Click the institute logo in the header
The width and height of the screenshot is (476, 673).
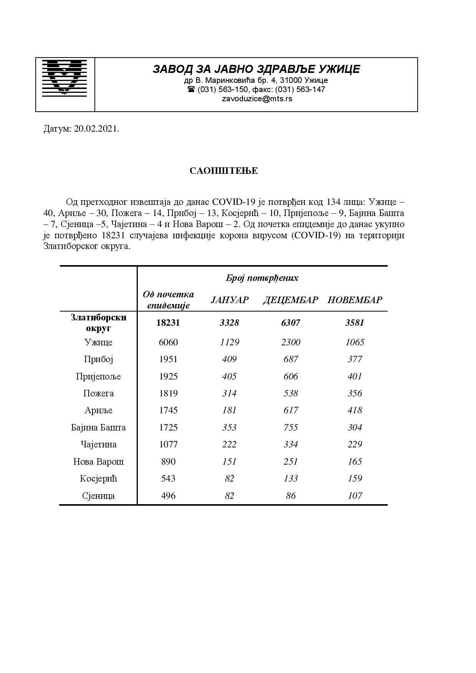[64, 77]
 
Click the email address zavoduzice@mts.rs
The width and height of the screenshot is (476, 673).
[257, 99]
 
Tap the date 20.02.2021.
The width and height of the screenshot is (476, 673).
[96, 129]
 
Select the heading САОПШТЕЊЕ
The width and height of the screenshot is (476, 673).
[223, 171]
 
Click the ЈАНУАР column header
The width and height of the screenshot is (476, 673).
[230, 300]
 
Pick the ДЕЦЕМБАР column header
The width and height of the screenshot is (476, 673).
[291, 300]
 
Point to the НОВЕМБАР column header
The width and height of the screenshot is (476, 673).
[355, 300]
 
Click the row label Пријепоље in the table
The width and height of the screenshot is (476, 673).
[98, 376]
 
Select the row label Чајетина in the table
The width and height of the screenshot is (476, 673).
[98, 444]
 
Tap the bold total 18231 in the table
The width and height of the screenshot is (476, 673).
[168, 323]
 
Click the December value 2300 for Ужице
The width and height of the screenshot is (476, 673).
[291, 342]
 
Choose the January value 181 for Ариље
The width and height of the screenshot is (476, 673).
[229, 410]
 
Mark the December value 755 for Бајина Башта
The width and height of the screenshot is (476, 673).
[291, 427]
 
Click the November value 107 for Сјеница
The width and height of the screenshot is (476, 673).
[355, 496]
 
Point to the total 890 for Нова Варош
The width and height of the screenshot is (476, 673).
[168, 462]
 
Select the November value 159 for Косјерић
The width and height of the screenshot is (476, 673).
[355, 478]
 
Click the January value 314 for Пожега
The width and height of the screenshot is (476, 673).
[229, 393]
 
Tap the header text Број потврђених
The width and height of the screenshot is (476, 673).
[262, 278]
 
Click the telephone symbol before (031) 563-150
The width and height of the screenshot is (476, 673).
[191, 89]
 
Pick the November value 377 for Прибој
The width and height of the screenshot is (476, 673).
[355, 359]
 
